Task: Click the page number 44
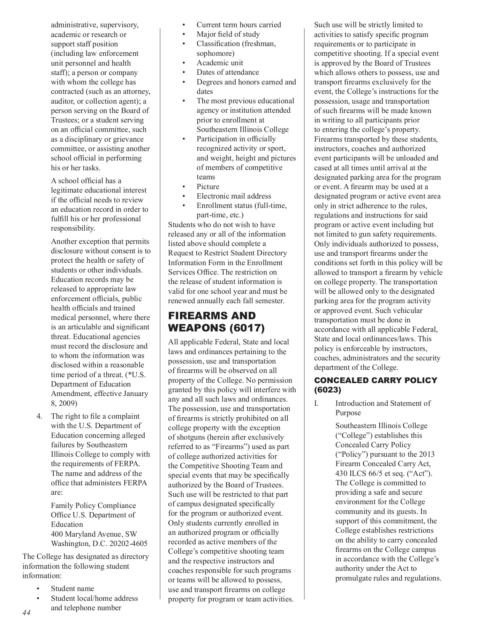click(x=26, y=613)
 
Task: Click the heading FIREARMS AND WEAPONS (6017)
click(x=217, y=322)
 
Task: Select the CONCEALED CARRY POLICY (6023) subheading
click(x=376, y=385)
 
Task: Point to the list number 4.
click(x=39, y=416)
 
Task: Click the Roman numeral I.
click(x=316, y=404)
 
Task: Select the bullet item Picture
click(x=208, y=187)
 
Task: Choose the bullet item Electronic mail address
click(x=234, y=196)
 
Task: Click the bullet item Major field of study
click(x=228, y=34)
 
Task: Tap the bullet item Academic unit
click(x=220, y=63)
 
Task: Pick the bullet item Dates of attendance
click(x=228, y=72)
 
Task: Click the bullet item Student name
click(x=73, y=589)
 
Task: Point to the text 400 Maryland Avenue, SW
click(x=94, y=534)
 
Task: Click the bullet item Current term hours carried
click(x=238, y=25)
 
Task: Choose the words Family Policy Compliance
click(x=93, y=506)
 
